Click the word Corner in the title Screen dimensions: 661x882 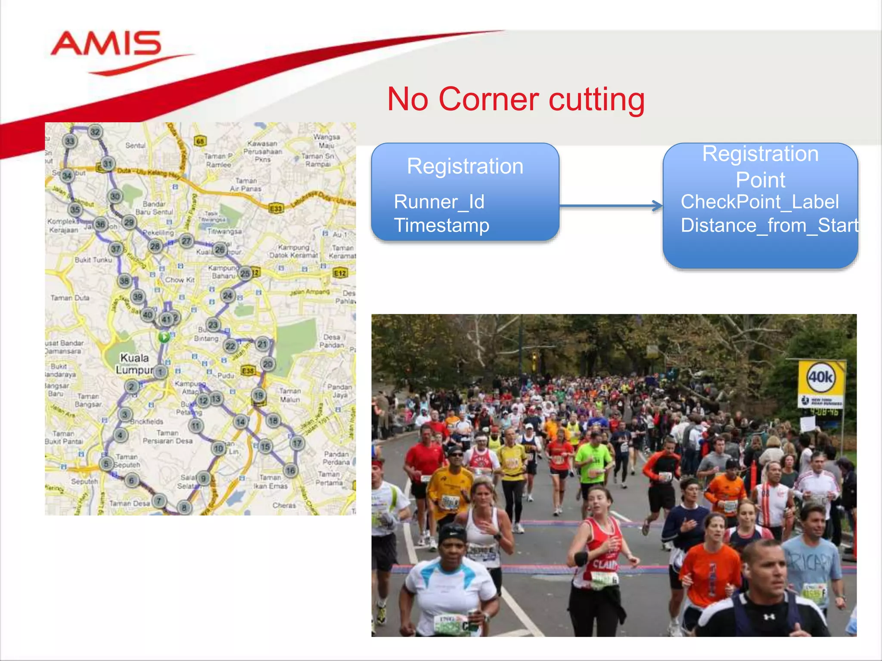tap(488, 99)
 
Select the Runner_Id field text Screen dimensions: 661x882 tap(439, 202)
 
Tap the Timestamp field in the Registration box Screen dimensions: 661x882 tap(441, 225)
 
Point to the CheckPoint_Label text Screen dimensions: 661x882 tap(760, 202)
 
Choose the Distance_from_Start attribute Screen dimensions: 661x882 tap(769, 225)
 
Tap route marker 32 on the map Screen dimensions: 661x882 tap(95, 132)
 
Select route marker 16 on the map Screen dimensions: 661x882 tap(291, 470)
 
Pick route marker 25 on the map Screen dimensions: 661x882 tap(245, 273)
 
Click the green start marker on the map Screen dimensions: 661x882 tap(164, 337)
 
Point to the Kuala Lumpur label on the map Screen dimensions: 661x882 tap(134, 364)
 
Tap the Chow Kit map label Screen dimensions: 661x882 tap(180, 280)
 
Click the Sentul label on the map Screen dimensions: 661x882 tap(135, 146)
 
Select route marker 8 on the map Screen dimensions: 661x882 tap(184, 507)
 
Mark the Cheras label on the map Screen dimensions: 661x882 tap(284, 505)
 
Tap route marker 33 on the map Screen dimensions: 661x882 tap(70, 141)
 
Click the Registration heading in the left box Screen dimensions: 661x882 tap(465, 167)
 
